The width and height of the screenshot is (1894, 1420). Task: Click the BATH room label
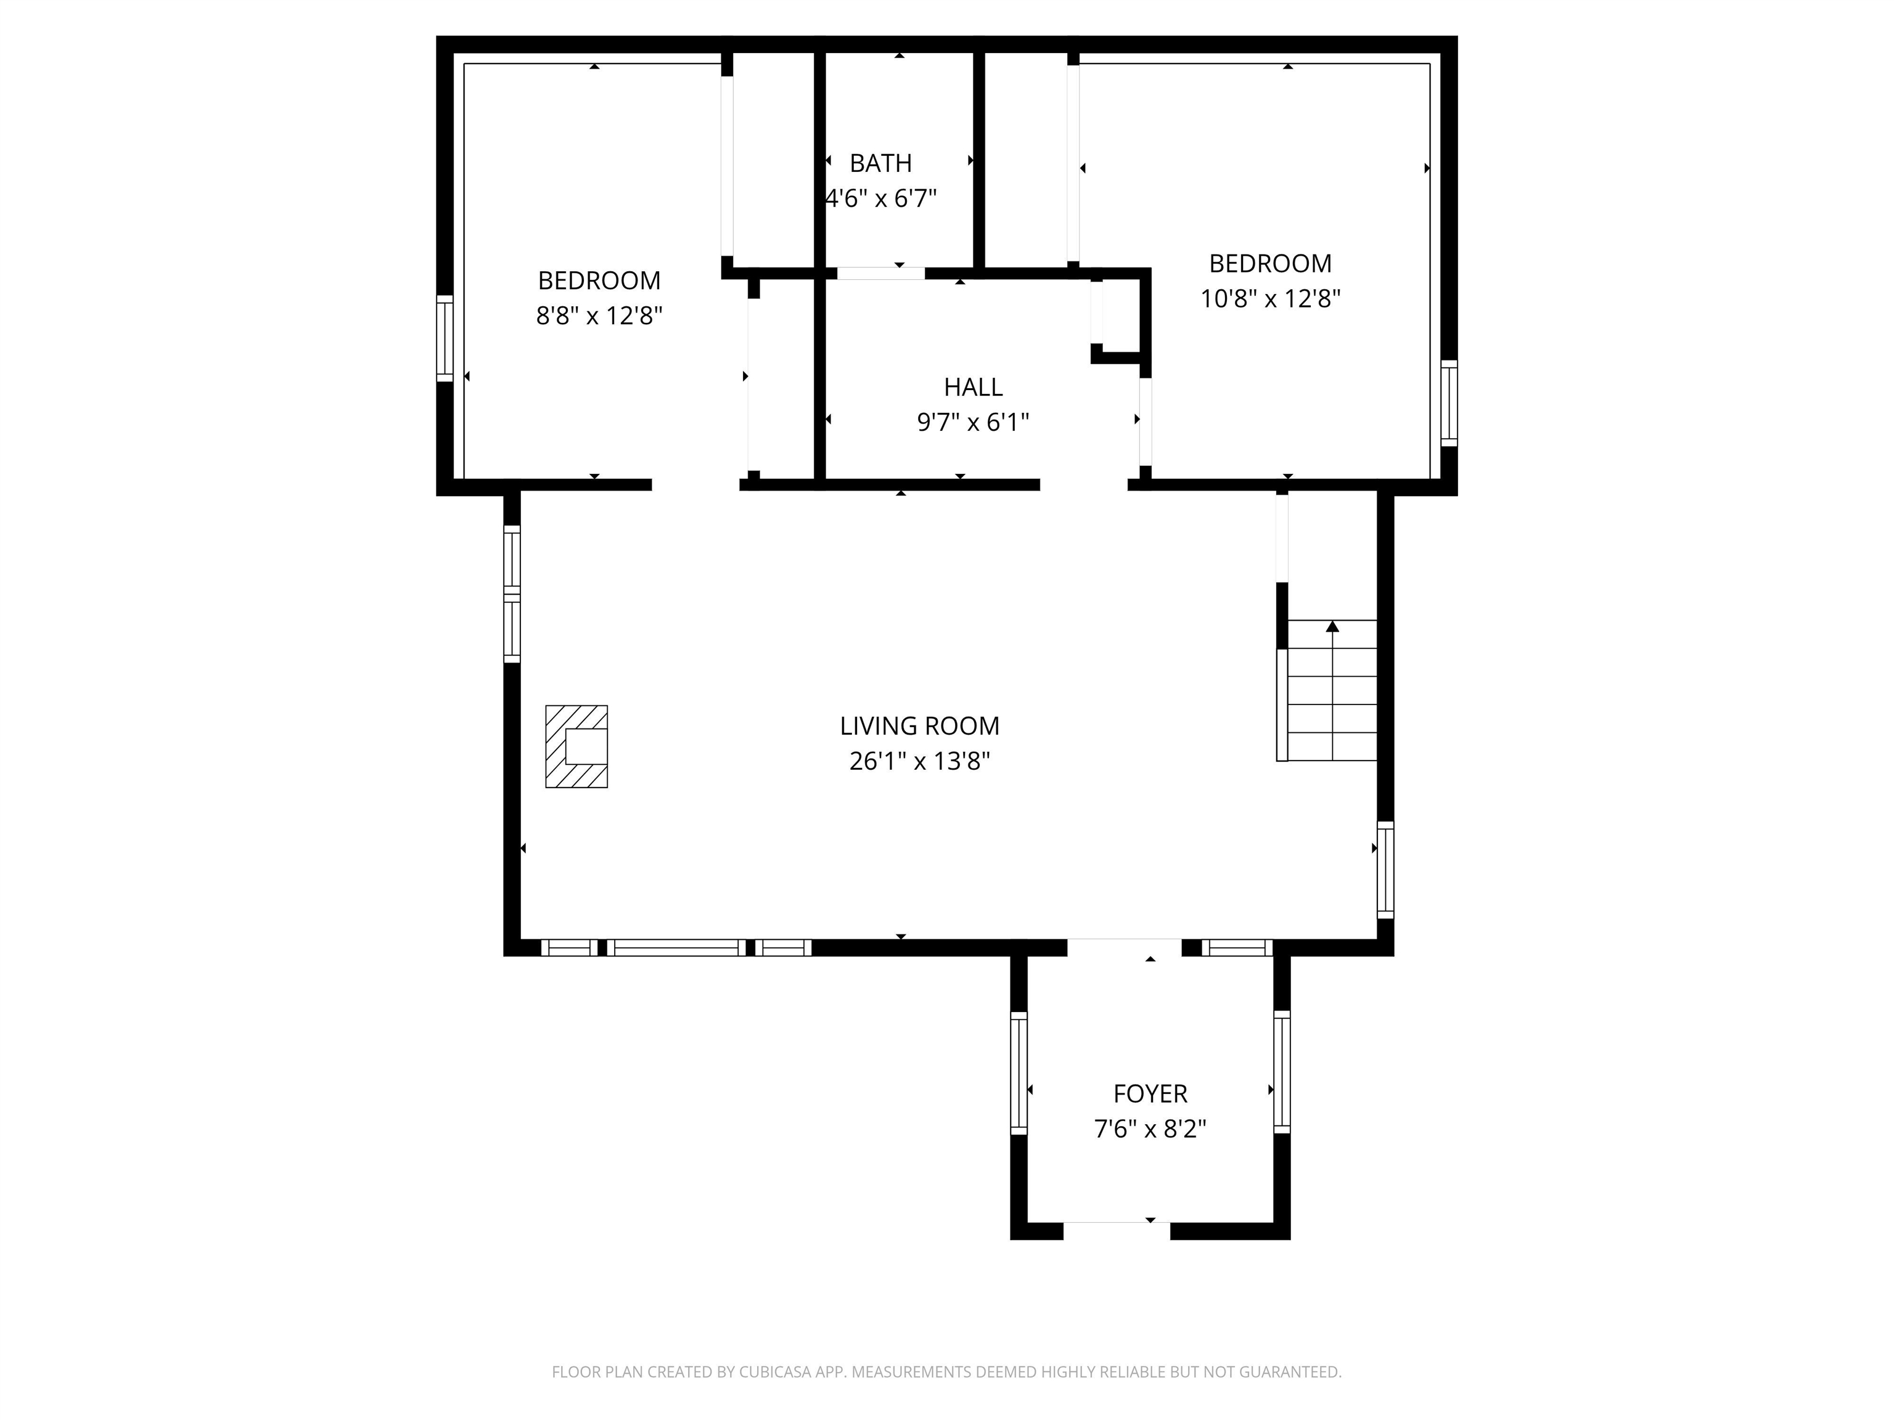tap(880, 163)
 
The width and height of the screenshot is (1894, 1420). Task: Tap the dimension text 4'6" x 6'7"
tap(880, 198)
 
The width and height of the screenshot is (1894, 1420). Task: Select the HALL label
tap(973, 387)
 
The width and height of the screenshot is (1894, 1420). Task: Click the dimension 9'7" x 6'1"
tap(973, 422)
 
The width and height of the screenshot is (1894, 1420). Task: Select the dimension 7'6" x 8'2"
tap(1150, 1129)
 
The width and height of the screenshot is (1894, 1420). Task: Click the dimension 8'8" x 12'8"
tap(599, 316)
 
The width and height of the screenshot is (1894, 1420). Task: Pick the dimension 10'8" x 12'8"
tap(1270, 299)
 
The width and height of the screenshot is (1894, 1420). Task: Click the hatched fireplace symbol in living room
tap(576, 746)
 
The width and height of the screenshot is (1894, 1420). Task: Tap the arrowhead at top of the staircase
tap(1332, 627)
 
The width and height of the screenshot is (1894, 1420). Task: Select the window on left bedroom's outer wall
tap(445, 338)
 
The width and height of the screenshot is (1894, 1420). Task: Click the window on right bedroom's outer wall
tap(1449, 402)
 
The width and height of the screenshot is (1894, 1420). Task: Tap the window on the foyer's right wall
tap(1282, 1072)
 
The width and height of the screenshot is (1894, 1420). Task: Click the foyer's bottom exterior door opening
tap(1117, 1230)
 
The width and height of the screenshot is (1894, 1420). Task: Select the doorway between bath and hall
tap(880, 273)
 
